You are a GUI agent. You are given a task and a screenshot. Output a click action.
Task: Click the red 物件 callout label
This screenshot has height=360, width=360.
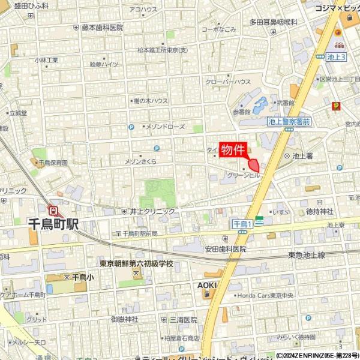click(x=232, y=149)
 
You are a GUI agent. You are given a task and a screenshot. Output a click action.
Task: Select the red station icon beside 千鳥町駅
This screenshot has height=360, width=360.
click(x=54, y=210)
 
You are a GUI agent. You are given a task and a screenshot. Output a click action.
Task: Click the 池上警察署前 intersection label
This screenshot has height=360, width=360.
click(x=289, y=122)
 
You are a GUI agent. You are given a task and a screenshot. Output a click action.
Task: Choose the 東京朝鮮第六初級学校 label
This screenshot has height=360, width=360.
click(x=136, y=264)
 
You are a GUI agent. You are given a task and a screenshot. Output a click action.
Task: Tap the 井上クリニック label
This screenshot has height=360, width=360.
click(x=152, y=211)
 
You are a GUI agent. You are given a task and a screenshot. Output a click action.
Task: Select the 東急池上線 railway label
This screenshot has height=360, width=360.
click(x=306, y=255)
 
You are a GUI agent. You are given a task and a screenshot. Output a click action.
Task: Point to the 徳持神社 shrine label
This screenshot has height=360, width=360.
click(x=319, y=211)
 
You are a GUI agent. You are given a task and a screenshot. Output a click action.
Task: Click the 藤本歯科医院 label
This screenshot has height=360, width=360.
click(x=103, y=28)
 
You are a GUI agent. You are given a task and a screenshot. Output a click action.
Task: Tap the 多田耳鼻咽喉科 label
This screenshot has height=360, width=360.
click(x=274, y=22)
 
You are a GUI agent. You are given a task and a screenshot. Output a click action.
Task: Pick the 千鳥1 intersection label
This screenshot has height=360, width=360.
click(x=242, y=223)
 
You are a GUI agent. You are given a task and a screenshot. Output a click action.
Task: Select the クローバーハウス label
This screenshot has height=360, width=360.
click(x=228, y=82)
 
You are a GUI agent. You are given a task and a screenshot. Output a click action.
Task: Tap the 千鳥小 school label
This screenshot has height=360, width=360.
click(x=82, y=277)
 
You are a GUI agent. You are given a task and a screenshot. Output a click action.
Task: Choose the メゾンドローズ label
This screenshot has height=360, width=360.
click(x=164, y=127)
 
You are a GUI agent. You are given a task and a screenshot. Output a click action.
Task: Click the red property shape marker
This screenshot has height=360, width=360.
click(x=254, y=164)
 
